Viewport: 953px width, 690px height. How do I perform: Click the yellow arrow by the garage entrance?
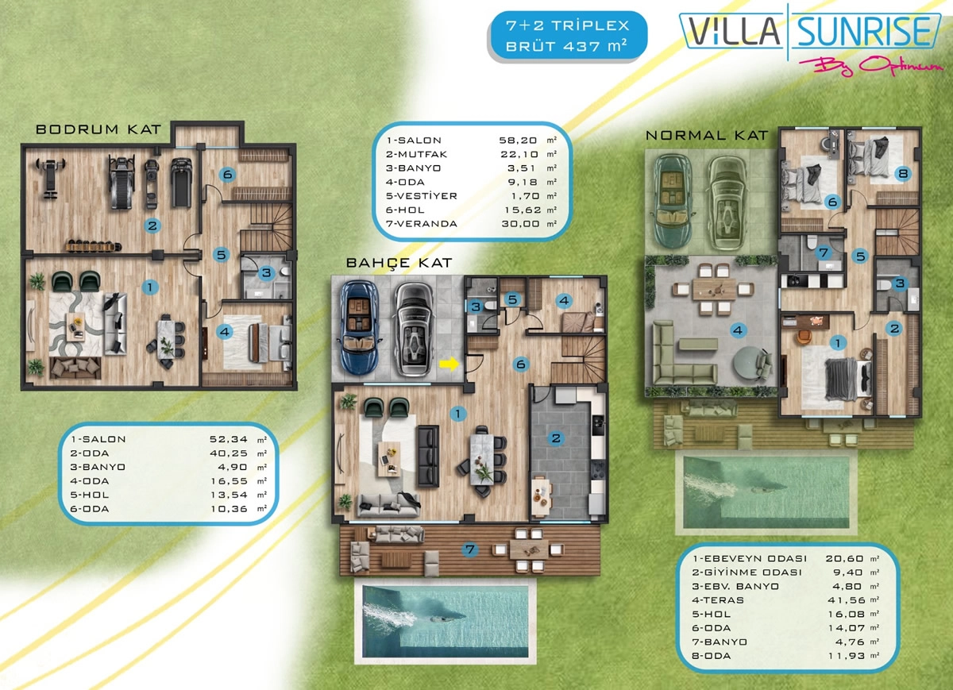(449, 364)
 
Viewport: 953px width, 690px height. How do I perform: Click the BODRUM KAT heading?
(98, 129)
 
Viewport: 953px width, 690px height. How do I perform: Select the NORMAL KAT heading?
(707, 136)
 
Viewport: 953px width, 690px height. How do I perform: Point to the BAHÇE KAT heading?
(399, 263)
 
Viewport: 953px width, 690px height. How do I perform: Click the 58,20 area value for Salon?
(519, 140)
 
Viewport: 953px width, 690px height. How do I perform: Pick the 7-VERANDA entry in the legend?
(422, 224)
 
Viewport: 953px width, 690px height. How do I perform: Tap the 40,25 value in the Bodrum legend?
(229, 453)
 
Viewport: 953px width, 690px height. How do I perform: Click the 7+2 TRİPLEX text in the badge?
(568, 26)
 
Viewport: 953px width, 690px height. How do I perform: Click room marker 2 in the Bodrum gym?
(152, 226)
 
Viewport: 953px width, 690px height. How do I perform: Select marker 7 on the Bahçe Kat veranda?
(469, 549)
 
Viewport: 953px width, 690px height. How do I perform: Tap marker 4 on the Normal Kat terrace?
(738, 330)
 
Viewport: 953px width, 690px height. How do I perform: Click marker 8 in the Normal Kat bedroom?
(903, 174)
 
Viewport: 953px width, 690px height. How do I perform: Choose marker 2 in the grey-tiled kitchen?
(556, 438)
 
